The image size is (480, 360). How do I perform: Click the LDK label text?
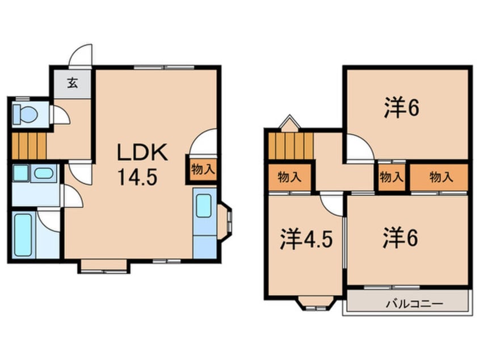coord(142,153)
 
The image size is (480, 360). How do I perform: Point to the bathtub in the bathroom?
coord(23,235)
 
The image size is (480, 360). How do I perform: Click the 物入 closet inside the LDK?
coord(203,169)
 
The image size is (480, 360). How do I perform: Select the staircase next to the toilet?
coord(28,146)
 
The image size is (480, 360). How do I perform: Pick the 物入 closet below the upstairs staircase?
coord(290,177)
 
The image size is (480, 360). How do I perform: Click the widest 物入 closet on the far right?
coord(440,177)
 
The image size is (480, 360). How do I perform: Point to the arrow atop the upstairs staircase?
coord(288,122)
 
